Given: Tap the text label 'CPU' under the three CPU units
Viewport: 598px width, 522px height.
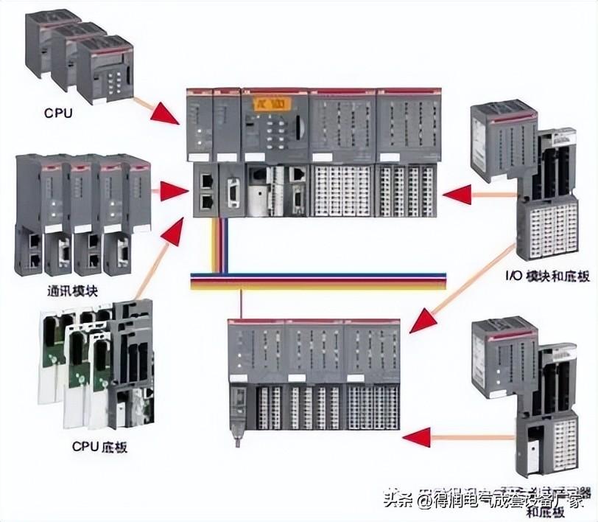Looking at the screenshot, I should [58, 114].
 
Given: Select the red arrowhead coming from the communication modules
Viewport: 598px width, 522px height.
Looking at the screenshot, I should [174, 192].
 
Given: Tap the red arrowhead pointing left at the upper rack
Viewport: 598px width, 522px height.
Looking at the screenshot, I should [457, 195].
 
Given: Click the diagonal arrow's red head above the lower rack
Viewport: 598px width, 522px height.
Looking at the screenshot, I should [422, 322].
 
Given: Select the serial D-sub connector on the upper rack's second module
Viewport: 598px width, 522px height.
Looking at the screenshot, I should [231, 192].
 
